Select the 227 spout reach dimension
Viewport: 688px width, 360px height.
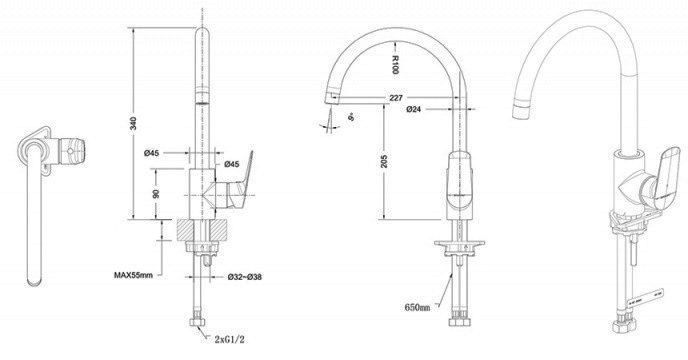tap(397, 97)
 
